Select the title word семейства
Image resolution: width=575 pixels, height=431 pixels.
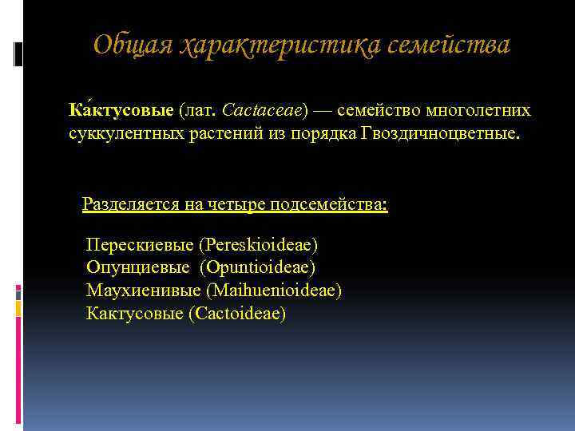[449, 45]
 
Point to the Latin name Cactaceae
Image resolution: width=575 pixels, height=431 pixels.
[263, 109]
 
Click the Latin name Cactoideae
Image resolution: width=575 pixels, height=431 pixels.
[238, 313]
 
